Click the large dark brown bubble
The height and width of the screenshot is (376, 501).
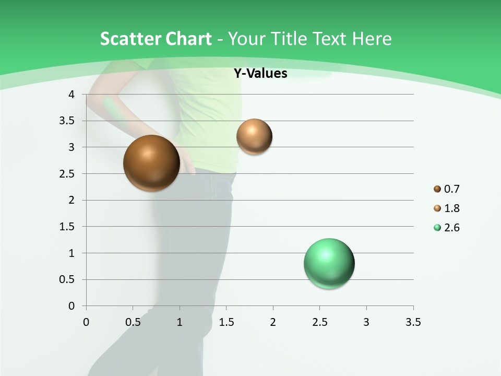[x=152, y=163]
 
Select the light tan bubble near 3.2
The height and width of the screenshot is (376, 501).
[x=254, y=136]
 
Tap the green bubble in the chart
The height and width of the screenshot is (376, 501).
[x=329, y=263]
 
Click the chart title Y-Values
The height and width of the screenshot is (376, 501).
[x=260, y=74]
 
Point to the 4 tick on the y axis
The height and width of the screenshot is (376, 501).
[x=71, y=95]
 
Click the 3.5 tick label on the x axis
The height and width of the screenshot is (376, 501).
[x=413, y=322]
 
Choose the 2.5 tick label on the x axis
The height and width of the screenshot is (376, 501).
[x=319, y=322]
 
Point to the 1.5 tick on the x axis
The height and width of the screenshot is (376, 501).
[x=226, y=322]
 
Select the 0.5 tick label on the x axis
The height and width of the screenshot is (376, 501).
[x=133, y=322]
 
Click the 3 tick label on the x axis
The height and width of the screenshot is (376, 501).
[x=366, y=322]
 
